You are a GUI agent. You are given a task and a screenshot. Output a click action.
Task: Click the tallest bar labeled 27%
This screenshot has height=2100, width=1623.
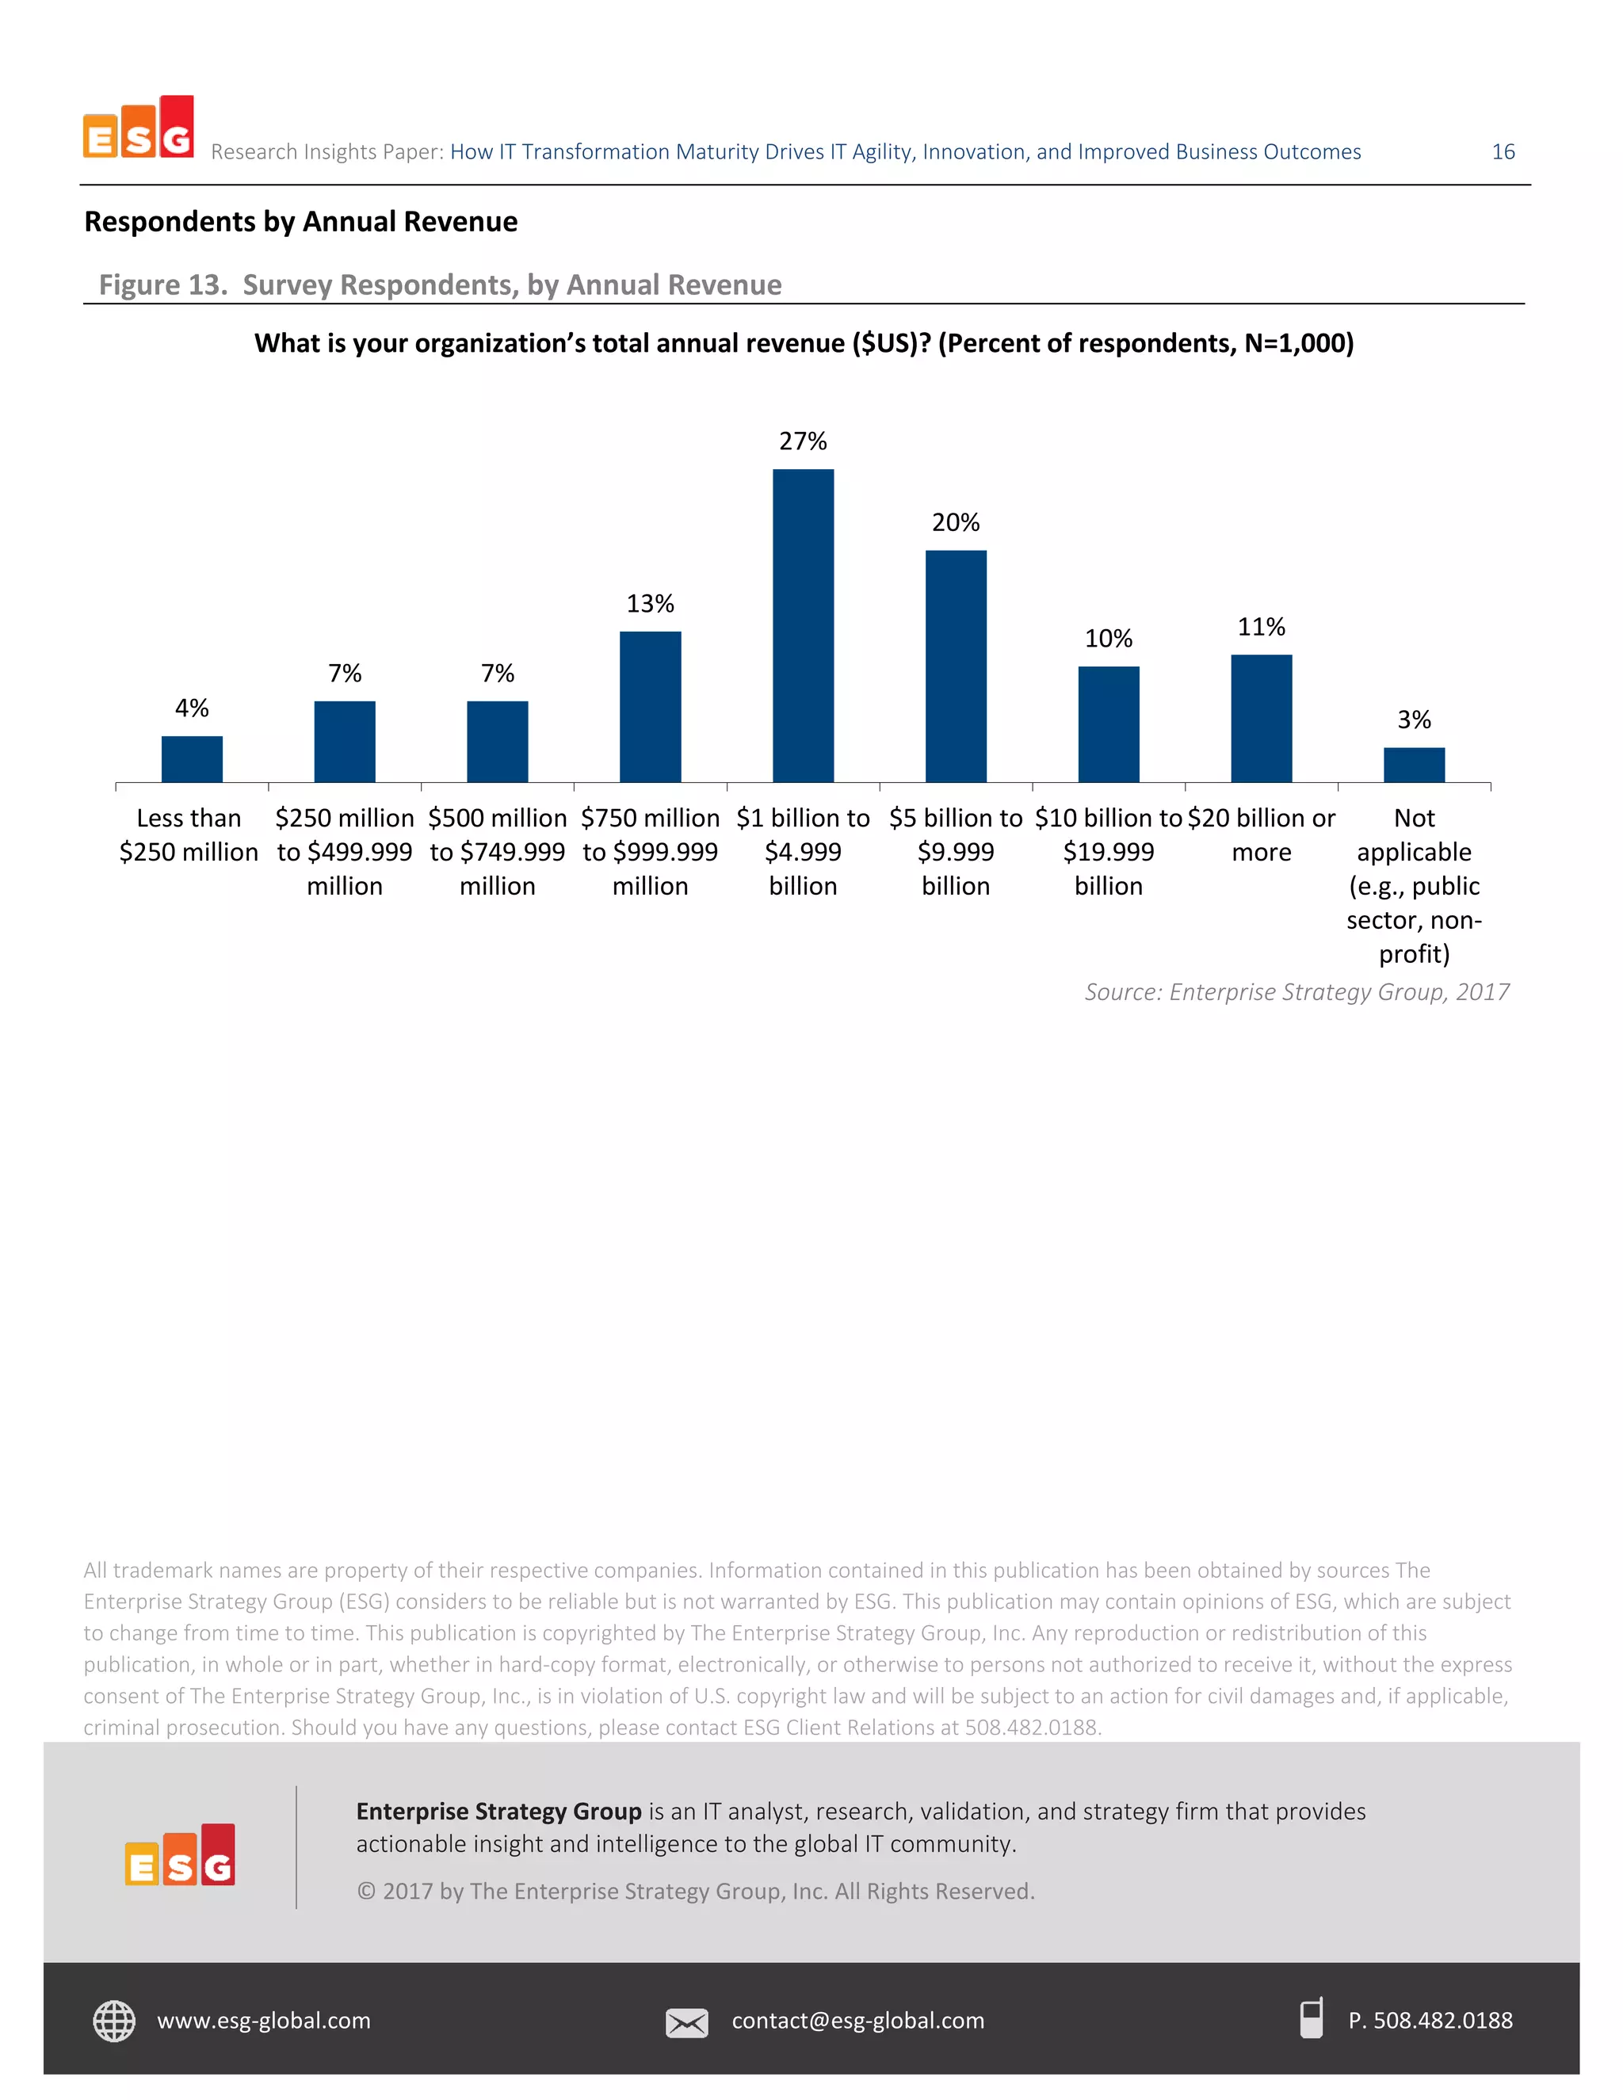coord(803,625)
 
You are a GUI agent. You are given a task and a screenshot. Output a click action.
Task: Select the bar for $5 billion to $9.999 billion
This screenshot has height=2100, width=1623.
coord(956,666)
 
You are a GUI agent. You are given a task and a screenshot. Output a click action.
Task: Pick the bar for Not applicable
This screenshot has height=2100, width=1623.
coord(1414,765)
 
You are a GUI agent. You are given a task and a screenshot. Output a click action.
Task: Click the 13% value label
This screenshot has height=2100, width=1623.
coord(650,604)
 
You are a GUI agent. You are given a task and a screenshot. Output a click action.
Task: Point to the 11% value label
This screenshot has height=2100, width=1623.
coord(1261,627)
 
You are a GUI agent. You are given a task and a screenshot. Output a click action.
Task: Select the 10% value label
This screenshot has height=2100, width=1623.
coord(1108,639)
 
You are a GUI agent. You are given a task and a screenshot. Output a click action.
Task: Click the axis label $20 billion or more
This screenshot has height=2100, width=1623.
coord(1261,834)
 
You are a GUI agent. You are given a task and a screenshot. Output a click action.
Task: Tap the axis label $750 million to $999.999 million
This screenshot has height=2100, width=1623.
coord(650,851)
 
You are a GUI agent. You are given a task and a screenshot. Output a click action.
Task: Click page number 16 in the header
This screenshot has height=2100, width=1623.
coord(1503,152)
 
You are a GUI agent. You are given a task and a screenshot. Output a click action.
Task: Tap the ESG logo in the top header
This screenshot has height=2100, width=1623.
coord(139,128)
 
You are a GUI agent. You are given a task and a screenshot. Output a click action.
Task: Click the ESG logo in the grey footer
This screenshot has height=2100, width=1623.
coord(180,1855)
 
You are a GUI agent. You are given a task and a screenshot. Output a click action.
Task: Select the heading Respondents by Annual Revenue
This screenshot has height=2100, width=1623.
coord(301,222)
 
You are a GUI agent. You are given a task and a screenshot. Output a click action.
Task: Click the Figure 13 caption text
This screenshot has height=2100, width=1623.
coord(441,284)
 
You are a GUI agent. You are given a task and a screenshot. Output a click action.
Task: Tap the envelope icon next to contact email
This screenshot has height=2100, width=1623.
coord(686,2022)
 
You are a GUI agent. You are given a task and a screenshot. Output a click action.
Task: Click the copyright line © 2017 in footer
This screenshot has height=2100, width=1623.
coord(695,1892)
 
